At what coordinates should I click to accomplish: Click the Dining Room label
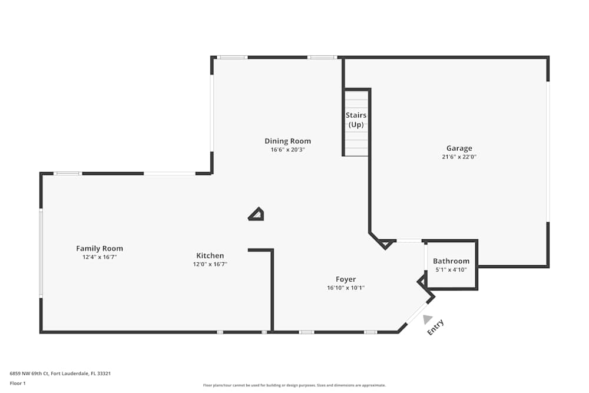287,141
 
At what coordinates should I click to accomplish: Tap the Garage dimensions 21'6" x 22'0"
459,157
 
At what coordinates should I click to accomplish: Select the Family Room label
100,249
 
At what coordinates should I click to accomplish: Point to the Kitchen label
210,256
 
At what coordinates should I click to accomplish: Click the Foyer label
346,279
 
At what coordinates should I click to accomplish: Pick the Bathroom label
451,261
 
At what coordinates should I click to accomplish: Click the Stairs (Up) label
356,120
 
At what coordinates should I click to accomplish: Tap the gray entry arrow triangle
428,319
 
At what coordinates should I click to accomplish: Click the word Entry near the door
436,328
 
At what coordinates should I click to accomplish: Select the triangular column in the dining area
257,214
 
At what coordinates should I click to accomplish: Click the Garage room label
459,148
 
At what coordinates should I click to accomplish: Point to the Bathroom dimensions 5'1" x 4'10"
451,270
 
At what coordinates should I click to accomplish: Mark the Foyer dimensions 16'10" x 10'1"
346,288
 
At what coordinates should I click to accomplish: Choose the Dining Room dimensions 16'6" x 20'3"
287,150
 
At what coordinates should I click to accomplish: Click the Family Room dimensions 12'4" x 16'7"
100,257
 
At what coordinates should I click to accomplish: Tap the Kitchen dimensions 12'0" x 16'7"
210,265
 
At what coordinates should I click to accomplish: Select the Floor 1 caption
18,383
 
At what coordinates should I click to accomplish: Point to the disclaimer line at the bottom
294,385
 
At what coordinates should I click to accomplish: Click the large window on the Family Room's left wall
41,253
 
